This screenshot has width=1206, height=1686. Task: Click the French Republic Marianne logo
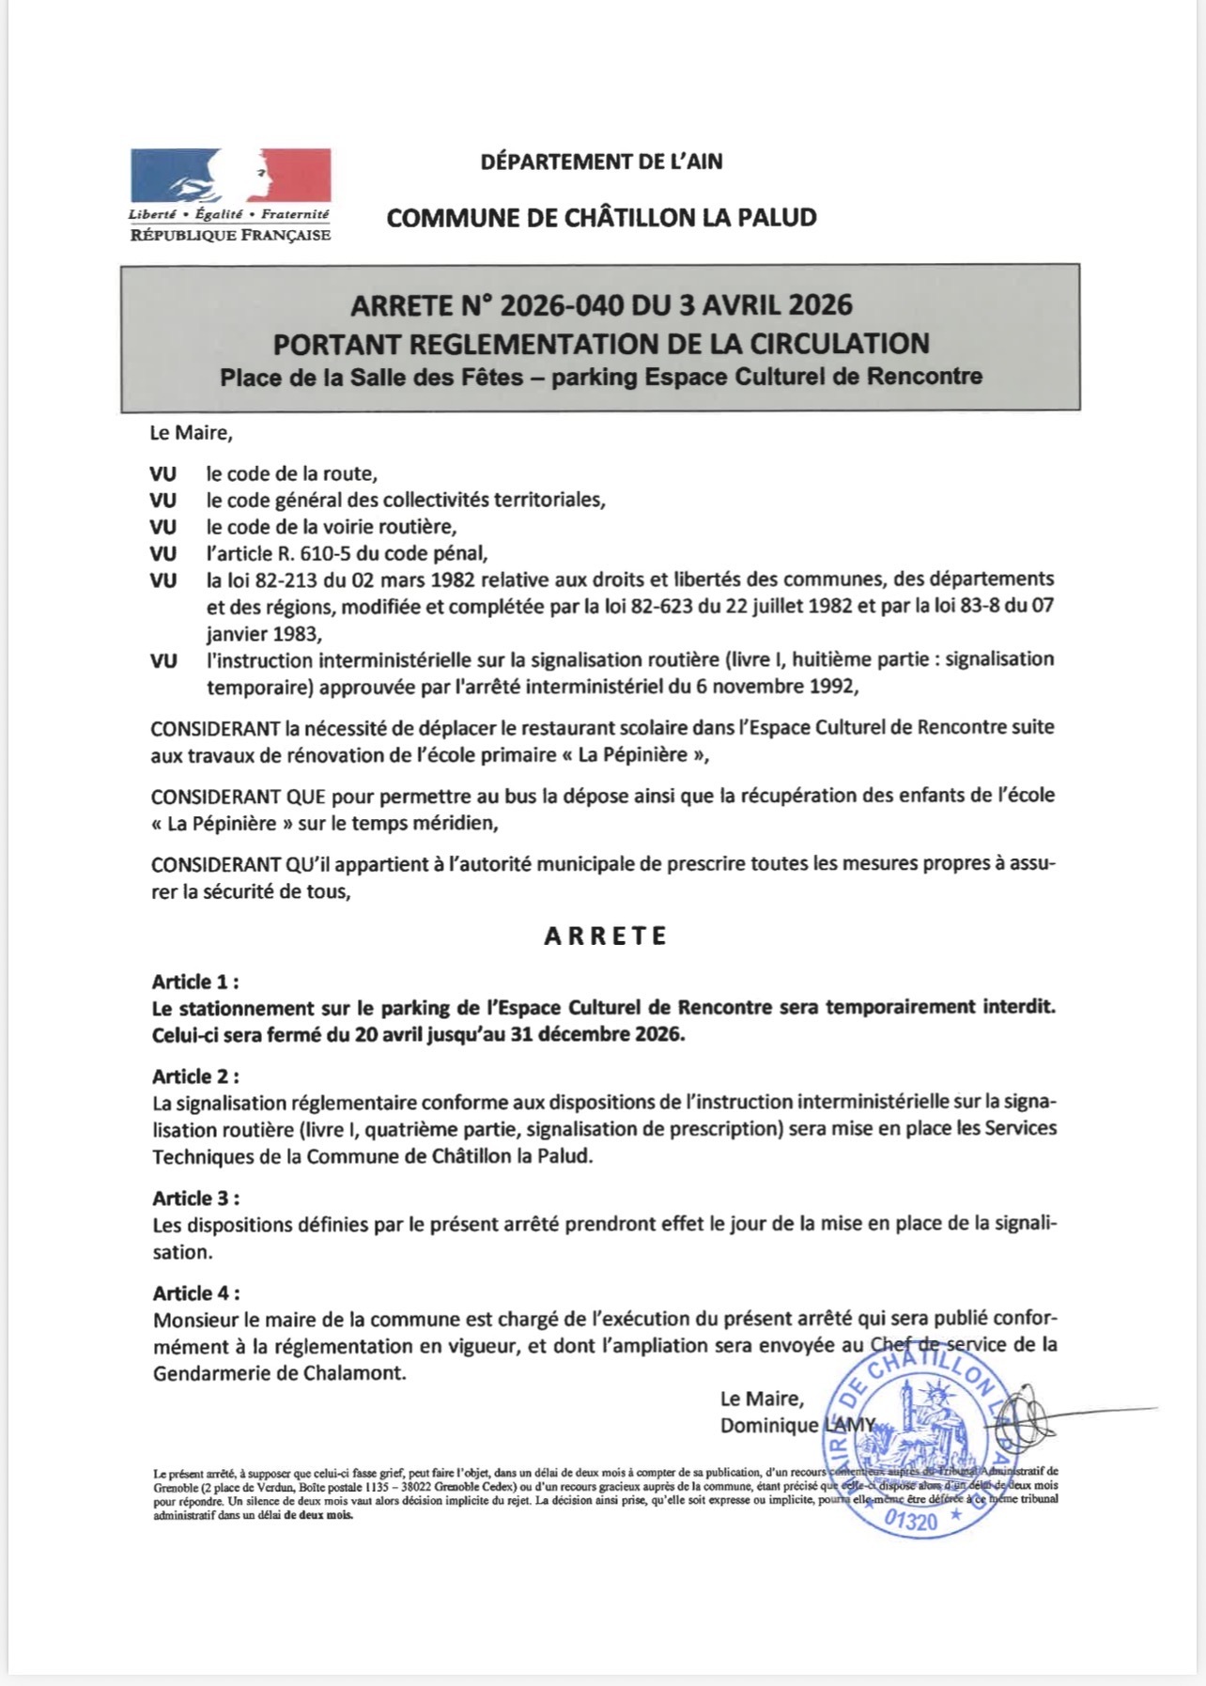[230, 176]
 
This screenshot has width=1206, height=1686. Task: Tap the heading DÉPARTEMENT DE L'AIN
[601, 162]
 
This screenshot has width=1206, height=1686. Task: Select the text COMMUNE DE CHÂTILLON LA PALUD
[601, 218]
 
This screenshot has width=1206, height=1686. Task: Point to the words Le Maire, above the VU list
[191, 434]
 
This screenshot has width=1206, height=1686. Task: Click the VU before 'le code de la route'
[162, 474]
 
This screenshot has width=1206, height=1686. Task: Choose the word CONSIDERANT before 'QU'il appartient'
[215, 864]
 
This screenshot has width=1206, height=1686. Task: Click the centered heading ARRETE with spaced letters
[605, 936]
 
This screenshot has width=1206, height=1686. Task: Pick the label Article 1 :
[195, 982]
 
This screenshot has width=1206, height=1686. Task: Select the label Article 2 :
[195, 1076]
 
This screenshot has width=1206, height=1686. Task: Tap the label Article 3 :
[195, 1198]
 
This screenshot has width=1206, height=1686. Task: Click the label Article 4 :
[195, 1292]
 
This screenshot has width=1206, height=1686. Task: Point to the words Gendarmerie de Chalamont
[279, 1372]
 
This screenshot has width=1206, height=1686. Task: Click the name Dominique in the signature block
[769, 1426]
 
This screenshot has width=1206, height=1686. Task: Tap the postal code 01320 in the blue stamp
[911, 1520]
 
